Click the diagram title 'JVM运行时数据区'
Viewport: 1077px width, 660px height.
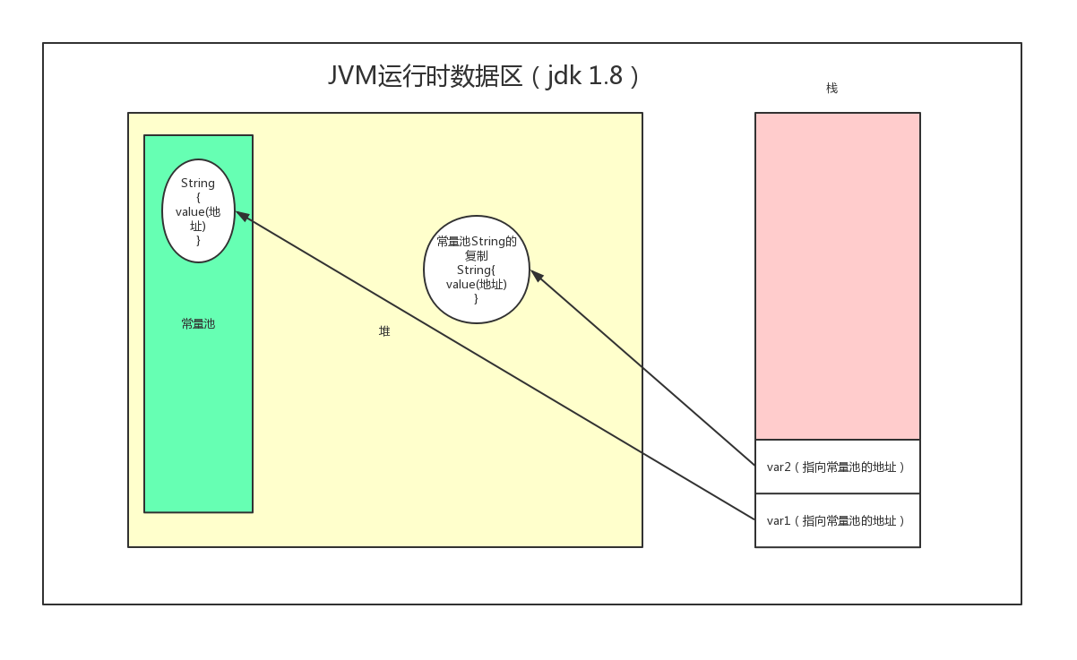point(425,76)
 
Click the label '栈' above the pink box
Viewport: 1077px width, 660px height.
point(831,88)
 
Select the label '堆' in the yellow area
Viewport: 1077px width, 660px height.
point(384,331)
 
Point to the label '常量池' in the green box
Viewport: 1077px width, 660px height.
point(198,324)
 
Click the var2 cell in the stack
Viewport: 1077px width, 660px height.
point(837,467)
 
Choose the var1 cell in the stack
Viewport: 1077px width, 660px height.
point(837,520)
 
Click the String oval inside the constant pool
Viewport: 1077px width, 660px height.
point(198,211)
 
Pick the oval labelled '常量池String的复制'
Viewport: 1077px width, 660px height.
point(476,269)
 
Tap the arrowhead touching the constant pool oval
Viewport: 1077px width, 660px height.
point(242,216)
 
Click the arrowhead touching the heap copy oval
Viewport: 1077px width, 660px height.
point(536,275)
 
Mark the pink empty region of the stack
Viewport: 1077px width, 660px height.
point(837,276)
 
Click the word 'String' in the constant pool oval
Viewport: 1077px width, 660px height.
point(198,183)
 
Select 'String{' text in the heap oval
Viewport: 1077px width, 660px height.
point(476,270)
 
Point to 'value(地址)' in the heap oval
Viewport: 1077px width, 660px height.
point(476,284)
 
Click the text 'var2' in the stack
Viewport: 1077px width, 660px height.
point(778,467)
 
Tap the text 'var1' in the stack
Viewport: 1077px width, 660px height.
point(778,520)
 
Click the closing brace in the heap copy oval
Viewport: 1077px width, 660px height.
point(476,298)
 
